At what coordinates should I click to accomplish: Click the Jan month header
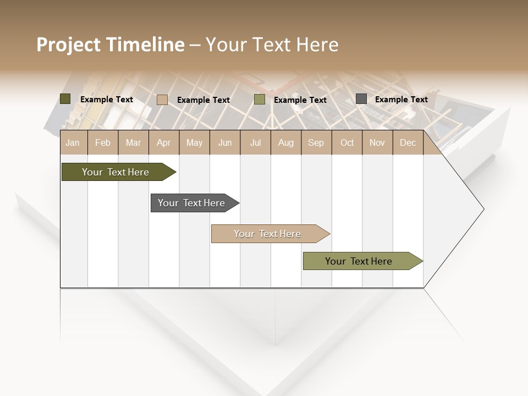(73, 142)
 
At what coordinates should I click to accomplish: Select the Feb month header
(103, 142)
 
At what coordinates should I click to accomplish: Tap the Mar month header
(133, 142)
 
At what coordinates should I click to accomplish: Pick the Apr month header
(164, 142)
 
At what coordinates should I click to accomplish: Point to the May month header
(194, 142)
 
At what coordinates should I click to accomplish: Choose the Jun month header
(225, 142)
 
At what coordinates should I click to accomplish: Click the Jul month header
(255, 142)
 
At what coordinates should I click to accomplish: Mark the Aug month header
(286, 142)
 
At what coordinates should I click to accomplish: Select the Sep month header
(316, 142)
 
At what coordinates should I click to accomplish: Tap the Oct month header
(347, 142)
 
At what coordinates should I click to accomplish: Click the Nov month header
(377, 142)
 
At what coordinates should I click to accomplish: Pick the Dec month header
(408, 142)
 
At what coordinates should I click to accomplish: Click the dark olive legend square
(65, 99)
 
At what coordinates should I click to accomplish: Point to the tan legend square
(162, 100)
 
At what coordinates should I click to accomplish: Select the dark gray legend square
(361, 99)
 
